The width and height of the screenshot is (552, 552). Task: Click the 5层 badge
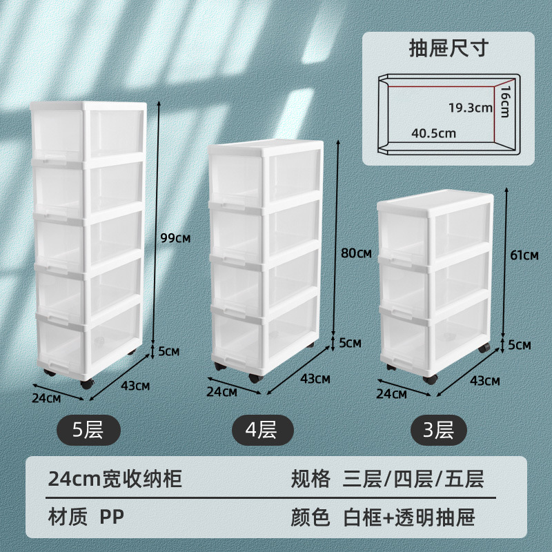(x=88, y=430)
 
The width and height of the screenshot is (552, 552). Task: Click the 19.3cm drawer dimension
(x=469, y=107)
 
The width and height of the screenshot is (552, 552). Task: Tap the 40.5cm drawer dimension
(x=433, y=133)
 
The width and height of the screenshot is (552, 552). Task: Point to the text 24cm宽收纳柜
(x=115, y=479)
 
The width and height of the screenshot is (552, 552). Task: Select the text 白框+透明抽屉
(x=409, y=516)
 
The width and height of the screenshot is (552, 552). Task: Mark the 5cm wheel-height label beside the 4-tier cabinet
(x=351, y=342)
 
